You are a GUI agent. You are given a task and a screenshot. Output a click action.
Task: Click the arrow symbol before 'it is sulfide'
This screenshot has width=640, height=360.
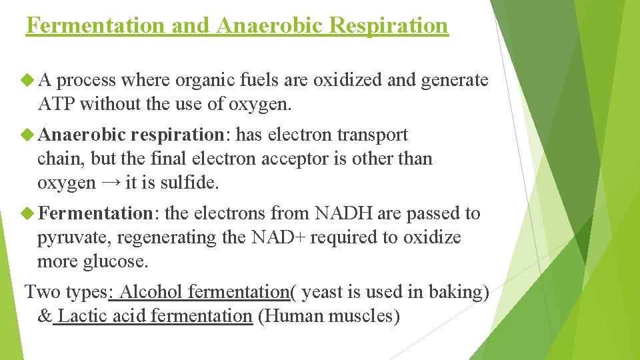pyautogui.click(x=111, y=183)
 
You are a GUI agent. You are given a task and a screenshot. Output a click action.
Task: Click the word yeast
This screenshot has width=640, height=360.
pyautogui.click(x=323, y=292)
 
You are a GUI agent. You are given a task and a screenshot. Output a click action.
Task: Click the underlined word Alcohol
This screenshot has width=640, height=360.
pyautogui.click(x=152, y=292)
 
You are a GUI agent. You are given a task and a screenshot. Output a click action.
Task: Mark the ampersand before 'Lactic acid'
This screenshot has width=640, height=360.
pyautogui.click(x=44, y=316)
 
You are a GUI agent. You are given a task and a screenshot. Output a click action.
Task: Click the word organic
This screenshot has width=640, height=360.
pyautogui.click(x=199, y=81)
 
